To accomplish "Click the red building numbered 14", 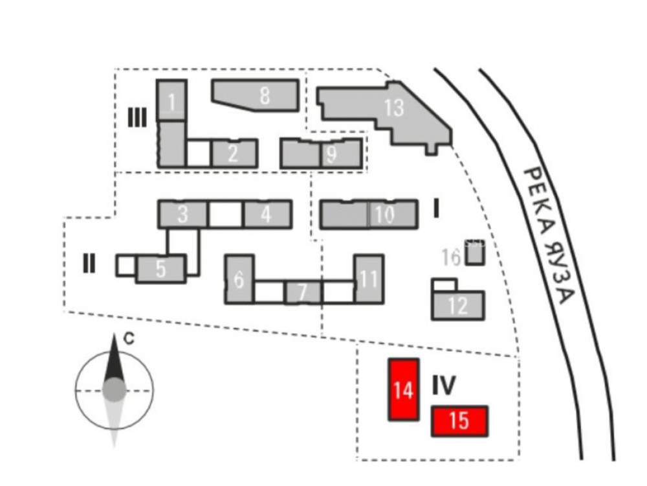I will coord(403,389).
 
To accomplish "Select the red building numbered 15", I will coord(459,421).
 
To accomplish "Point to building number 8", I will coord(263,95).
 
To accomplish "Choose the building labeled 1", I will coord(171,100).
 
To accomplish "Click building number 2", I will coord(234,154).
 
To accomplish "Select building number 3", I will coord(183,214).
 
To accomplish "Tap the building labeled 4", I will coord(267,214).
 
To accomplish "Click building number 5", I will coord(161,269).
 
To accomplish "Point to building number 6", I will coord(239,280).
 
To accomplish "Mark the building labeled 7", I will coord(302,292).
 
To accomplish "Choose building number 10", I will coord(385,214).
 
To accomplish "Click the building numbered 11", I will coord(369,279).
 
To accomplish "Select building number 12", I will coord(458,305).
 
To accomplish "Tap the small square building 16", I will coord(475,256).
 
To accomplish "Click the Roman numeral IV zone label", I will coord(444,386).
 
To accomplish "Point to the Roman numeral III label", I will coord(137,117).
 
